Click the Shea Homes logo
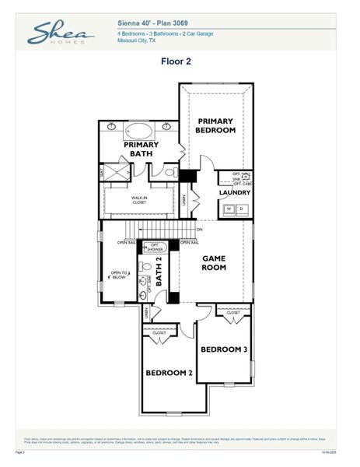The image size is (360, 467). (61, 33)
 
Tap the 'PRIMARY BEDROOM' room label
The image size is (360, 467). (215, 125)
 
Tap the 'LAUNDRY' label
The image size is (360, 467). (234, 192)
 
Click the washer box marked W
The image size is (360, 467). (229, 209)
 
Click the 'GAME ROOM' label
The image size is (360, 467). (214, 263)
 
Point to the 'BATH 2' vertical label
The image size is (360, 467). (159, 270)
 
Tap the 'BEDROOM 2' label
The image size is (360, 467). (169, 373)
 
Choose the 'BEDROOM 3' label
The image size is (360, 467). (224, 349)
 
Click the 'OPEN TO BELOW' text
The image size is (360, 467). (118, 274)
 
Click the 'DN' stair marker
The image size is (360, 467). (199, 230)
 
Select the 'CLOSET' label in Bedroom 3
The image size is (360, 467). (233, 313)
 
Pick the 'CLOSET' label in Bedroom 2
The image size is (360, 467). (159, 332)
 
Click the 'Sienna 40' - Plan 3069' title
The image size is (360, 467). (152, 25)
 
